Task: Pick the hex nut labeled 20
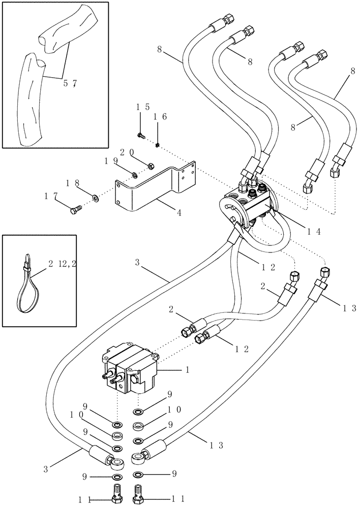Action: pos(151,166)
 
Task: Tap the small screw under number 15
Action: pos(141,136)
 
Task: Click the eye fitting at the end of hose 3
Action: pos(118,463)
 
